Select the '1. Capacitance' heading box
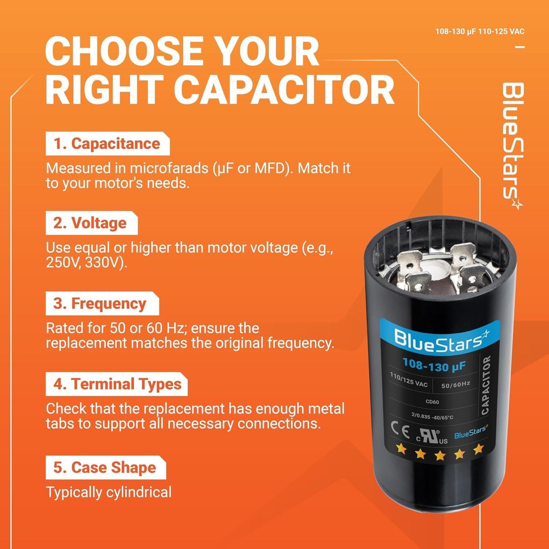click(107, 144)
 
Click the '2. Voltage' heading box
click(91, 223)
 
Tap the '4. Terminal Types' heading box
click(116, 384)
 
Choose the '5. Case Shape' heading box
click(105, 467)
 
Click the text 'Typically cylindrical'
click(109, 492)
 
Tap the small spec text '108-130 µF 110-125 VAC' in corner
click(479, 32)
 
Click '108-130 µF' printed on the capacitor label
click(434, 365)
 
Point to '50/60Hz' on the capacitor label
click(455, 385)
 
